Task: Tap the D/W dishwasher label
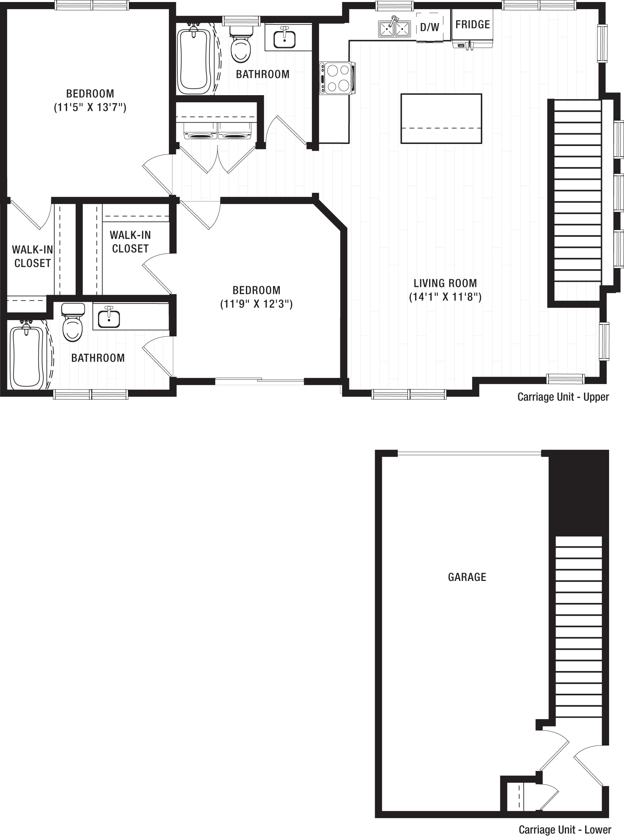430,27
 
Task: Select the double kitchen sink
394,28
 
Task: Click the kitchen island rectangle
441,119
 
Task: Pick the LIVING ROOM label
445,283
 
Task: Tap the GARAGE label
467,577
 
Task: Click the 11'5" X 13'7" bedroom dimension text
90,107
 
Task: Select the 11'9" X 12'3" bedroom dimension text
256,304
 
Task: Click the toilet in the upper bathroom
240,44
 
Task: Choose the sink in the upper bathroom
285,37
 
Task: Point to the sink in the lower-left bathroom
109,317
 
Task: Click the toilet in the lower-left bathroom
73,322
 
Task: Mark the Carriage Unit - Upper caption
563,397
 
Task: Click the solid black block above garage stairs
578,494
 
